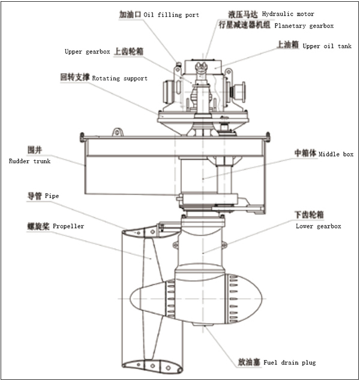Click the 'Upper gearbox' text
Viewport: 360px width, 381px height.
pyautogui.click(x=88, y=52)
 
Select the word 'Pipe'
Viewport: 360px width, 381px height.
pyautogui.click(x=50, y=196)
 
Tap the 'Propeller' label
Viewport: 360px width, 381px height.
pyautogui.click(x=68, y=226)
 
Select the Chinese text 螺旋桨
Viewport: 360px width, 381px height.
pyautogui.click(x=37, y=226)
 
